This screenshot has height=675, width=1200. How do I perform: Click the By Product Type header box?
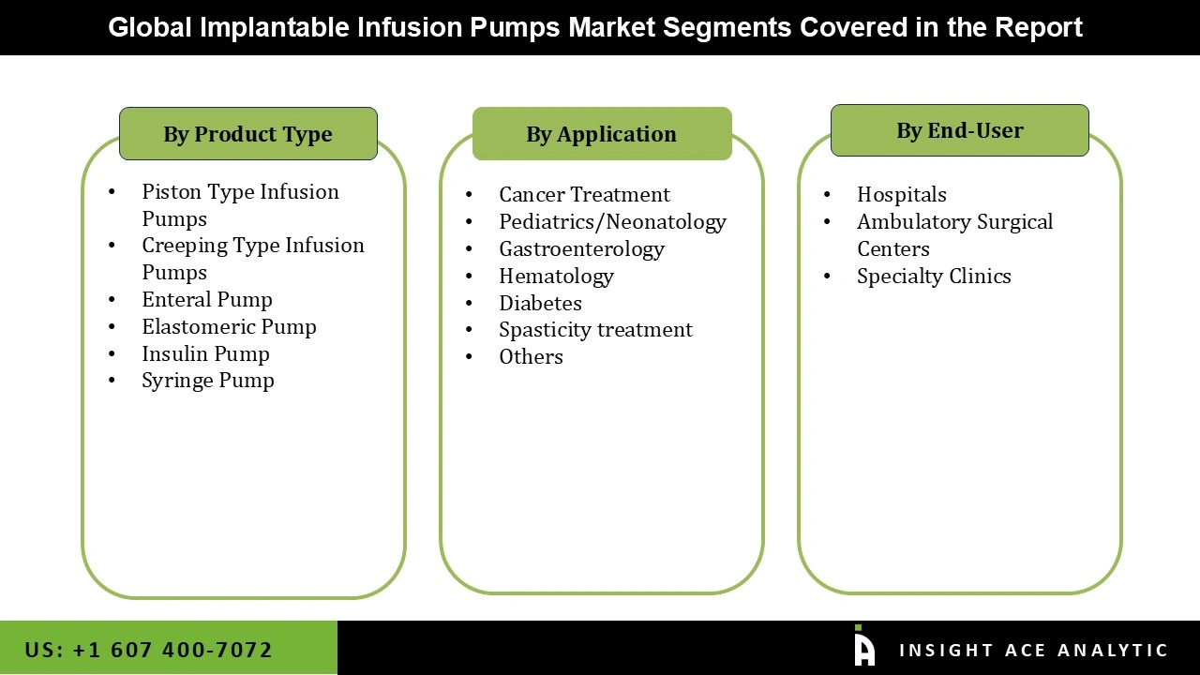click(x=247, y=134)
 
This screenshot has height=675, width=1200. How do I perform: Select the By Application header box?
click(x=601, y=134)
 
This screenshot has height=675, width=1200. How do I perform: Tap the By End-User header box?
click(x=959, y=130)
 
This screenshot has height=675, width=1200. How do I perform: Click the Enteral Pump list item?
click(x=207, y=300)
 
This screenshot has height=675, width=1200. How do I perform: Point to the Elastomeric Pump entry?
click(x=229, y=327)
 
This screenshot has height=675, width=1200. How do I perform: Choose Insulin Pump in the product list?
click(x=205, y=354)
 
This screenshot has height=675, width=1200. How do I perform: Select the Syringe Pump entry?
click(x=208, y=381)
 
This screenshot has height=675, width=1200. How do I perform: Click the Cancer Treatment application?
click(x=584, y=195)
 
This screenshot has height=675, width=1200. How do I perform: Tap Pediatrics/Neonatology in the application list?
click(x=612, y=222)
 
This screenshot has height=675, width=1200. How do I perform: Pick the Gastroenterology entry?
click(x=581, y=249)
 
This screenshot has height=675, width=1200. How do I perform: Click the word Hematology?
click(x=556, y=277)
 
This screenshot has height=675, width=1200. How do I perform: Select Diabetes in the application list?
click(x=540, y=304)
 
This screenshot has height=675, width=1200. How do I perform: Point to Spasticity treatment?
click(x=595, y=330)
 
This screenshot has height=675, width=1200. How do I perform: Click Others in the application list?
click(x=531, y=357)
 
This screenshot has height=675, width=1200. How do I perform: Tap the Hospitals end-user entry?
click(x=901, y=195)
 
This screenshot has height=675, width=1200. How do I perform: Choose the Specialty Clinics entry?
click(x=934, y=277)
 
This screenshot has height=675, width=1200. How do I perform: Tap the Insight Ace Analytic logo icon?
click(x=863, y=647)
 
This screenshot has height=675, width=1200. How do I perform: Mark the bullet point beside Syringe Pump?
click(x=112, y=381)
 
